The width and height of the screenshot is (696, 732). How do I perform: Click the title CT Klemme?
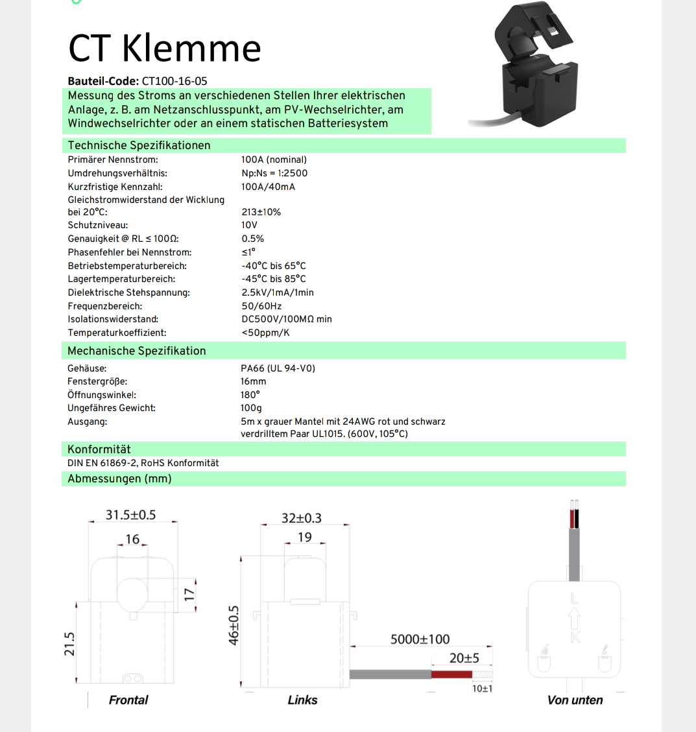tap(164, 48)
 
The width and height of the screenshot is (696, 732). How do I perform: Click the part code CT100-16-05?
tap(174, 81)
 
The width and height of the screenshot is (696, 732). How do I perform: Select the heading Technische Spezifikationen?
tap(139, 145)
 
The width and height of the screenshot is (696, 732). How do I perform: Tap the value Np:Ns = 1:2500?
tap(274, 173)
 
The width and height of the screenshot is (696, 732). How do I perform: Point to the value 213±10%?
tap(261, 212)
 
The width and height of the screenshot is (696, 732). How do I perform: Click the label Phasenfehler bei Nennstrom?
tap(129, 252)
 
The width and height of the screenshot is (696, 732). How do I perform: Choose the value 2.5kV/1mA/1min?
tap(277, 292)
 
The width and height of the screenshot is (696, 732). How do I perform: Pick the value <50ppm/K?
tap(265, 333)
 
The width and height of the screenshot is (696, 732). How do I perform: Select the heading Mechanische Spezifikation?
tap(136, 351)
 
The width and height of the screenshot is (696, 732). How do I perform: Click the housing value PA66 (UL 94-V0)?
tap(278, 368)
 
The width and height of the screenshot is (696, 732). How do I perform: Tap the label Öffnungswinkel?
tap(101, 395)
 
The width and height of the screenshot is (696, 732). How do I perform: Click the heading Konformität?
tap(99, 449)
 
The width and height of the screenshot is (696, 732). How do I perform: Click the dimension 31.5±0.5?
tap(130, 515)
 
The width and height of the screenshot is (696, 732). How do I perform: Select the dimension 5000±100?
tap(420, 639)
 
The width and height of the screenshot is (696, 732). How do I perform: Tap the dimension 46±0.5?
tap(234, 625)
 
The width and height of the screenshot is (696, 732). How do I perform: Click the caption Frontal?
tap(128, 700)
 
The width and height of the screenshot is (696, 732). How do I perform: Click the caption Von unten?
tap(575, 700)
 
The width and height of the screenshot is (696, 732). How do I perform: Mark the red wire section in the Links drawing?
tap(451, 675)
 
